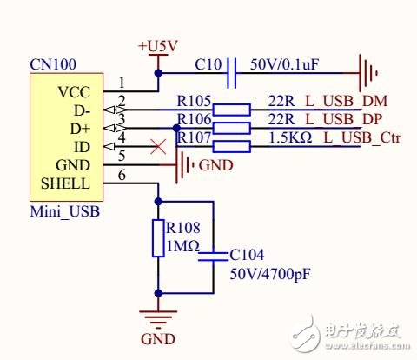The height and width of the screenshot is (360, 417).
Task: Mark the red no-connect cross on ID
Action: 158,146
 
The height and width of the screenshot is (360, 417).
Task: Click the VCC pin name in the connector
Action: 73,91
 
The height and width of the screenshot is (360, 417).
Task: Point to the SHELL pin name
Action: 64,183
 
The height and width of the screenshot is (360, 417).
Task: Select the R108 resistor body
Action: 158,238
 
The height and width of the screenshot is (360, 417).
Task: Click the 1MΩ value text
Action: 183,247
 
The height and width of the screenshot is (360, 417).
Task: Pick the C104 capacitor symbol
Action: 214,254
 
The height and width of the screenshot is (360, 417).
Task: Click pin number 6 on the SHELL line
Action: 122,176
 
